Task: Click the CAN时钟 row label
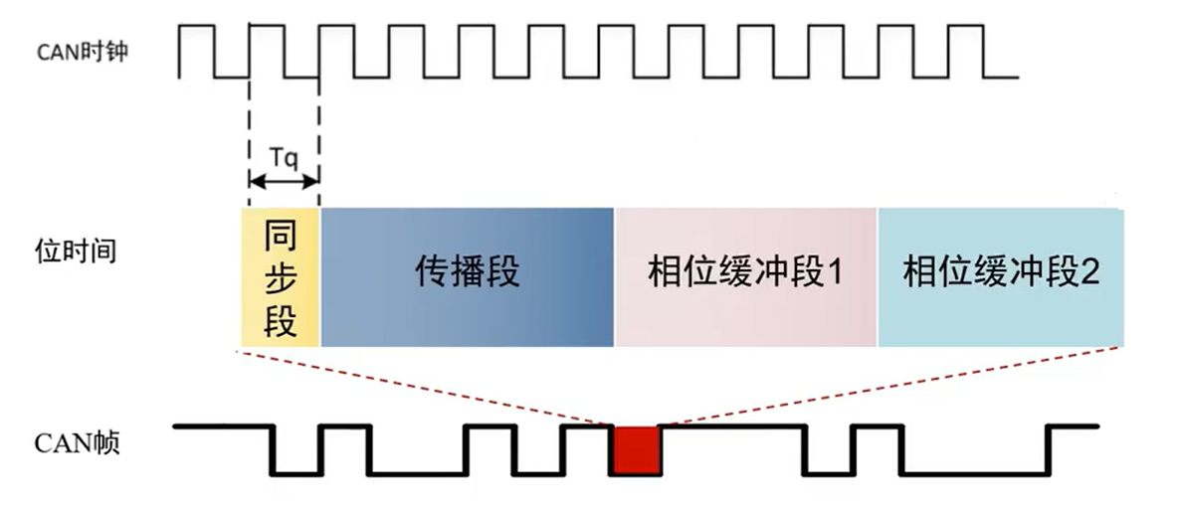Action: (x=83, y=53)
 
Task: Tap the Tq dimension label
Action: (x=283, y=156)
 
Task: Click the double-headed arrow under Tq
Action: (x=284, y=181)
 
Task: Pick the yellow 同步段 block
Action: (x=281, y=277)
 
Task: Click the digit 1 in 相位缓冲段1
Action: (x=834, y=272)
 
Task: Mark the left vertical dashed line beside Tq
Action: (x=249, y=129)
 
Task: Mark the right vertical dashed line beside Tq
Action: (x=317, y=129)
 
